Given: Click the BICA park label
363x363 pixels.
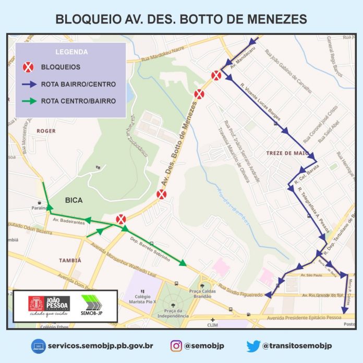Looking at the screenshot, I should [x=75, y=200].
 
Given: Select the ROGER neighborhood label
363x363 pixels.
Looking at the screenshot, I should [x=46, y=131].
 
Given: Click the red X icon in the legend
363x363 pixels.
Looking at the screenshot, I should [x=29, y=67].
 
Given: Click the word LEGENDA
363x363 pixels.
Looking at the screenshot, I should [x=71, y=52].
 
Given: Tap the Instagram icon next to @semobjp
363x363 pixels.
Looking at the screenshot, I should [x=176, y=345].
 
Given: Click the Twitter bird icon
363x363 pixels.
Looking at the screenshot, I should [x=253, y=345].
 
